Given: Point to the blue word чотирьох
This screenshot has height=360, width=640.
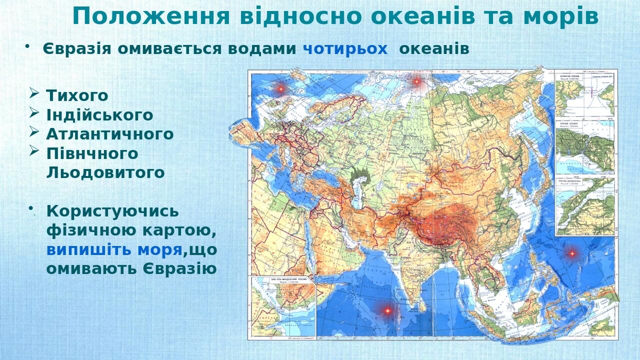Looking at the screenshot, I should click(x=345, y=49).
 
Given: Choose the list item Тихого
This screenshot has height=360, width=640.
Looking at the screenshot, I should click(x=77, y=95).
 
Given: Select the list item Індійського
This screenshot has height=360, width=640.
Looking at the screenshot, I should click(x=99, y=115).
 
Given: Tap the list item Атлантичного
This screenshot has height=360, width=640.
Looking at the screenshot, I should click(x=110, y=134).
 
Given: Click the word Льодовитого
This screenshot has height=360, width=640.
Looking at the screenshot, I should click(x=105, y=172).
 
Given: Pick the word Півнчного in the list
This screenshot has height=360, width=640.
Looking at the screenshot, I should click(x=92, y=153).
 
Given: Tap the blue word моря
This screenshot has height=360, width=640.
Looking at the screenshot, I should click(x=159, y=249).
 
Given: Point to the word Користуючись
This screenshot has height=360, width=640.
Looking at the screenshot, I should click(x=112, y=211).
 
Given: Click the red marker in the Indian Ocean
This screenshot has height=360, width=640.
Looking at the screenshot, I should click(x=387, y=310).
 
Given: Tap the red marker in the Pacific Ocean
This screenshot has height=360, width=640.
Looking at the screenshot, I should click(x=572, y=253).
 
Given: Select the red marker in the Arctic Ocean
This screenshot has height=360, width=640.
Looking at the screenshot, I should click(x=416, y=80).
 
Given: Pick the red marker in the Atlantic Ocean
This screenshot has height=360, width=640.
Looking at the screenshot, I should click(x=280, y=88).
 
